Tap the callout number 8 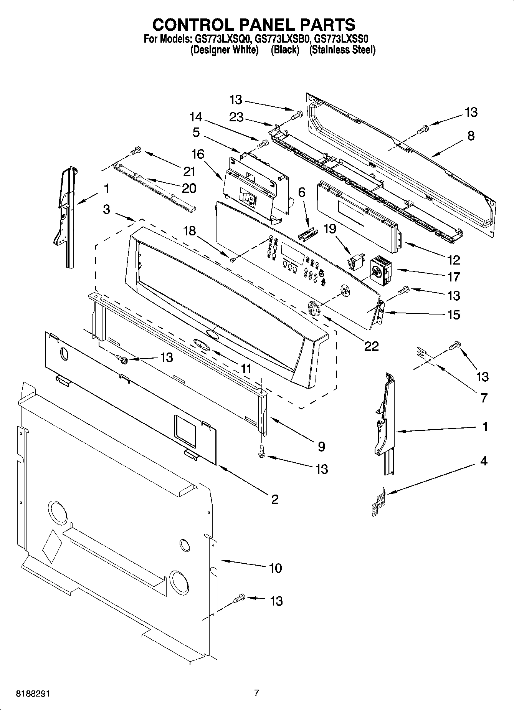471,136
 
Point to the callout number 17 453,276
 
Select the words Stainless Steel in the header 342,50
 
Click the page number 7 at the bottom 256,693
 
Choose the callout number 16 198,154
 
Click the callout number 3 106,209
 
